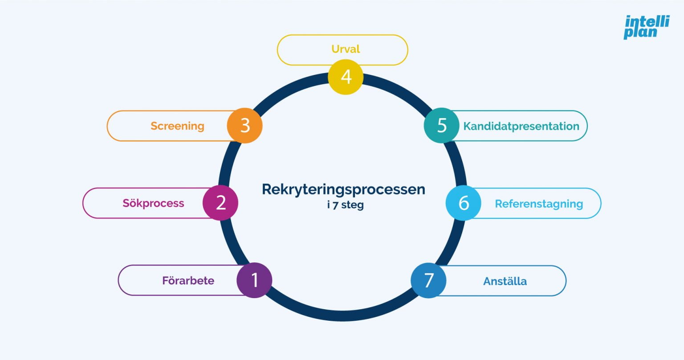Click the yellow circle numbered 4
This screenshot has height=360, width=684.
point(346,77)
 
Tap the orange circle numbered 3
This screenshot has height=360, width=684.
point(245,126)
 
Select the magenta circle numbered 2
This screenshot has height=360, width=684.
point(220,203)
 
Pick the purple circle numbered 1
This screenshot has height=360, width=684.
point(254,280)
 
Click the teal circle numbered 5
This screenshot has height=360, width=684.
point(441,126)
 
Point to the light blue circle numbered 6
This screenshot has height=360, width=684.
point(464,203)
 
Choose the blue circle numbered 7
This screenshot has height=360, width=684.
point(428,280)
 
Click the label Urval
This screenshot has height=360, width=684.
point(346,49)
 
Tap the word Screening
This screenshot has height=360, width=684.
point(177,126)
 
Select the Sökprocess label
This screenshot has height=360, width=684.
point(153,203)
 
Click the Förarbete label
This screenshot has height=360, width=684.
point(188,281)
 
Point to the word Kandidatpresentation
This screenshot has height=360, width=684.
point(521,126)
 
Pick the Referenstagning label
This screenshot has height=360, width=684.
point(539,204)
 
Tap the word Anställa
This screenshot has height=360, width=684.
point(505,281)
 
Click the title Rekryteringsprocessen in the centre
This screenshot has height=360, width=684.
point(343,189)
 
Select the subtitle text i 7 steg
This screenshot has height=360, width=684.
point(345,205)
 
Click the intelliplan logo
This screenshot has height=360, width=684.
point(646,27)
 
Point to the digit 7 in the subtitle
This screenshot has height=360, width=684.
point(335,205)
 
